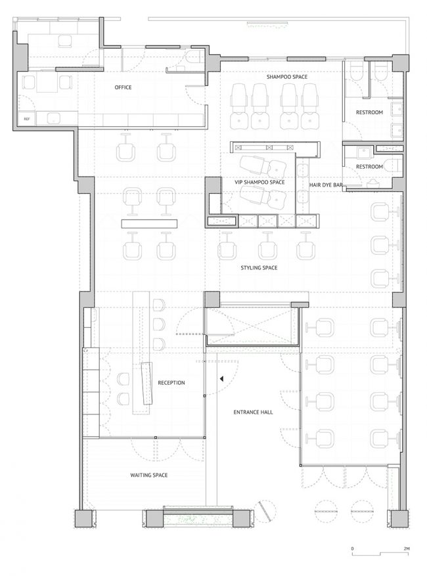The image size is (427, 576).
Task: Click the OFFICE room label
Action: [x=123, y=87]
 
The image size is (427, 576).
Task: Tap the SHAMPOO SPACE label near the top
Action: [x=287, y=77]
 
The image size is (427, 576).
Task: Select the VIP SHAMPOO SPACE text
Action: [x=259, y=182]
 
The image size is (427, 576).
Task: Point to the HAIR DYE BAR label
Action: [x=326, y=185]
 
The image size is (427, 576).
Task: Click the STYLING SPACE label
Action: [x=259, y=268]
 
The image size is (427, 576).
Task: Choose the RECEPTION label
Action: [x=171, y=382]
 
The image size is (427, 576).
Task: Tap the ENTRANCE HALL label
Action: [x=253, y=412]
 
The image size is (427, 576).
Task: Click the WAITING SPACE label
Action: [x=149, y=475]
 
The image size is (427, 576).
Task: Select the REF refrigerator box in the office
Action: [x=27, y=119]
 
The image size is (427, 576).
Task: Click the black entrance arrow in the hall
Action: [x=221, y=378]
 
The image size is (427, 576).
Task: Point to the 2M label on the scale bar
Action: [x=406, y=549]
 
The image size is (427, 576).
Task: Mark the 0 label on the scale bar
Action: [x=352, y=549]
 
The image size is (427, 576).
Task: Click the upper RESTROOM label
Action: [x=369, y=112]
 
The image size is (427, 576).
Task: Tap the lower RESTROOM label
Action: [x=369, y=167]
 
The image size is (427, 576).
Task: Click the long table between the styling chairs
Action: [x=149, y=223]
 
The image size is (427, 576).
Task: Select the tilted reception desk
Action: [x=147, y=383]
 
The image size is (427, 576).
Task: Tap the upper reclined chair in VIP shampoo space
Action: [x=263, y=165]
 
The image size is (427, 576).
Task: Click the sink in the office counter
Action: [x=54, y=119]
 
